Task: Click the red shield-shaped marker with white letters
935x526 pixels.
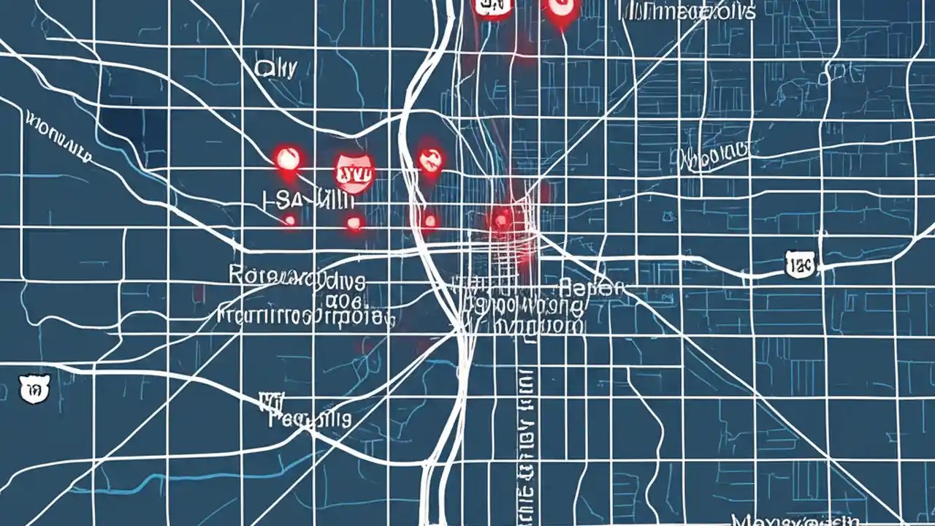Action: [355, 173]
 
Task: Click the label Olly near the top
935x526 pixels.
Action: [276, 69]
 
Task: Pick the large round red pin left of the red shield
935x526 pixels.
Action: [287, 158]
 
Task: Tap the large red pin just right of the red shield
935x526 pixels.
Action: [430, 159]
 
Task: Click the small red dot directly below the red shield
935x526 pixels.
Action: [354, 222]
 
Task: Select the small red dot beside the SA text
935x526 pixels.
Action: [290, 219]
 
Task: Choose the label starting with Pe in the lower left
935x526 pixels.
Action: [310, 419]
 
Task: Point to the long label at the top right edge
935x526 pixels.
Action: [687, 10]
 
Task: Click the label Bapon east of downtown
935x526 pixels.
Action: [592, 287]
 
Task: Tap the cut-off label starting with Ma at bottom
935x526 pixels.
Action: [793, 519]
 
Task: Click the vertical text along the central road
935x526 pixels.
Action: [524, 438]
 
